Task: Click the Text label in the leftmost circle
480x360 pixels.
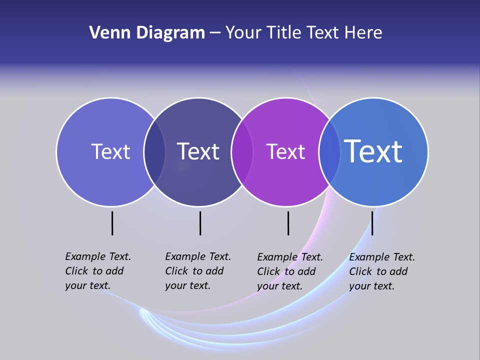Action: coord(110,151)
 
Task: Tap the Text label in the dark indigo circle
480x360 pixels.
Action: coord(198,151)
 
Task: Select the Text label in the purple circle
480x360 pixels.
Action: coord(285,151)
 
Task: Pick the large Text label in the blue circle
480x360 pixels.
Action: coord(373,151)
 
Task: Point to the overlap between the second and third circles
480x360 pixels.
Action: coord(242,152)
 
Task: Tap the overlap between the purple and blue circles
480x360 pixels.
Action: coord(329,152)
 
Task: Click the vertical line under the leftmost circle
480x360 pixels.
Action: coord(112,223)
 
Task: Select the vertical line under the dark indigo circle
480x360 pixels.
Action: coord(200,223)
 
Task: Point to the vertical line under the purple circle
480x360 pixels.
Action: coord(288,223)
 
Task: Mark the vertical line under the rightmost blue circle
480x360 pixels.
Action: coord(372,223)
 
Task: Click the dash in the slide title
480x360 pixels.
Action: coord(215,33)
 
